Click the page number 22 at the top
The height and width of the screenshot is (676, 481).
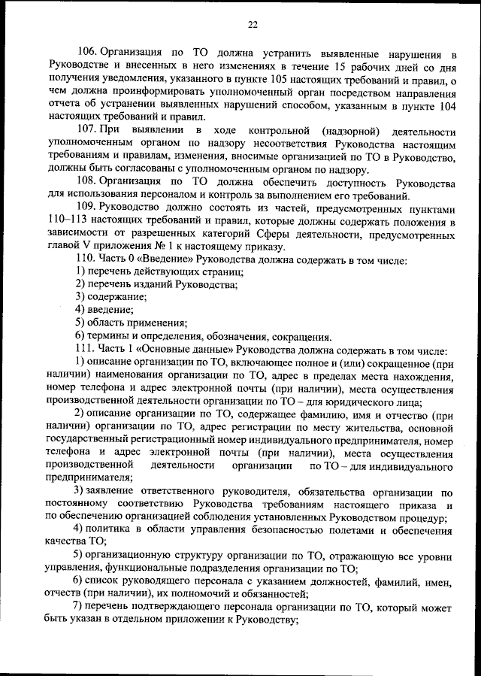pos(253,24)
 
